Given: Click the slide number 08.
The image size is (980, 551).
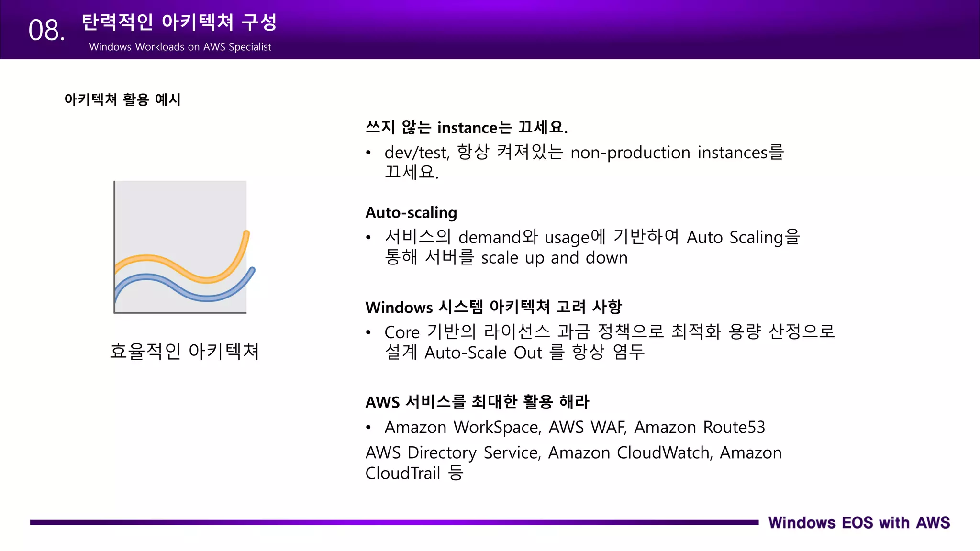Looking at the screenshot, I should click(x=46, y=31).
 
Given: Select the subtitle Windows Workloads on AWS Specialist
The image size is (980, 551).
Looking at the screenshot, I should click(x=180, y=47).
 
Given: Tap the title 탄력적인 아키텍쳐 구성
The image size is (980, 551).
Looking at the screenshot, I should click(x=179, y=22).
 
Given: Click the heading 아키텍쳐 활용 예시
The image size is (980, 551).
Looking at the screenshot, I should click(x=122, y=99).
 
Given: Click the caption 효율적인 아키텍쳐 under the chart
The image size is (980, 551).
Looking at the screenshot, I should click(x=184, y=351).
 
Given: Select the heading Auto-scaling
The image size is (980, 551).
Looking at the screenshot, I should click(x=411, y=212).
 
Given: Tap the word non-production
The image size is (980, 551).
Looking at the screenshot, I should click(x=630, y=153).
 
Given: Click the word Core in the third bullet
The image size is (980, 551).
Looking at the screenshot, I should click(x=402, y=332).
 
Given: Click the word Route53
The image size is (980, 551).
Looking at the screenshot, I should click(x=734, y=427).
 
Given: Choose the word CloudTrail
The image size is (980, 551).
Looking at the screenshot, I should click(x=402, y=473).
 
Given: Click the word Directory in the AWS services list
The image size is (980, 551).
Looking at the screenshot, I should click(x=442, y=453).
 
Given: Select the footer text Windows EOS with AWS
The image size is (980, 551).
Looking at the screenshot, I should click(x=859, y=522).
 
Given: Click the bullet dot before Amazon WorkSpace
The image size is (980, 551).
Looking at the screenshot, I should click(x=368, y=427).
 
